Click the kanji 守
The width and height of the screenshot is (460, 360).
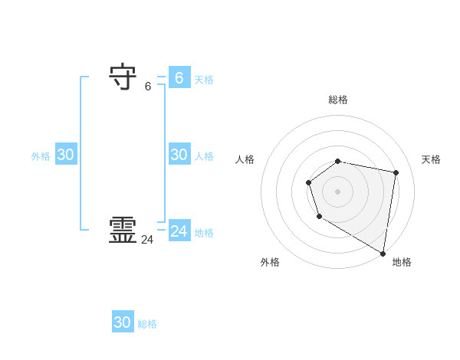tap(123, 77)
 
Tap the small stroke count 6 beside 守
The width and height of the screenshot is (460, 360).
tap(148, 87)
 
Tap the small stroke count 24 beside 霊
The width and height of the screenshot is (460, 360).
tap(147, 240)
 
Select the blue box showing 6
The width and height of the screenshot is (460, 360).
tap(179, 77)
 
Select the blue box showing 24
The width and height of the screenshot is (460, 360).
tap(179, 231)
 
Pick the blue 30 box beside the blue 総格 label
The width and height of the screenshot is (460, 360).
tap(123, 322)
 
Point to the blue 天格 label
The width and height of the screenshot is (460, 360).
tap(204, 80)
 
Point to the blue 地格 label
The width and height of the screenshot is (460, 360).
tap(204, 233)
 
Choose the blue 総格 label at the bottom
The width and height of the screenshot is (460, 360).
tap(147, 325)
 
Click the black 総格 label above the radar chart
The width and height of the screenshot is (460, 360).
tap(338, 100)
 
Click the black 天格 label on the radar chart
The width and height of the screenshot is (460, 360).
tap(432, 159)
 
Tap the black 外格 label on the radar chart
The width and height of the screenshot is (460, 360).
tap(270, 262)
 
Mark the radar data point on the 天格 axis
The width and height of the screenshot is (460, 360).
tap(396, 172)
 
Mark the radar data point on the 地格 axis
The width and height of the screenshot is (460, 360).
tap(383, 254)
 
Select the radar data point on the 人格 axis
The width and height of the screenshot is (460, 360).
tap(308, 182)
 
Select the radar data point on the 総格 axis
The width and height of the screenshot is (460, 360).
tap(338, 161)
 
